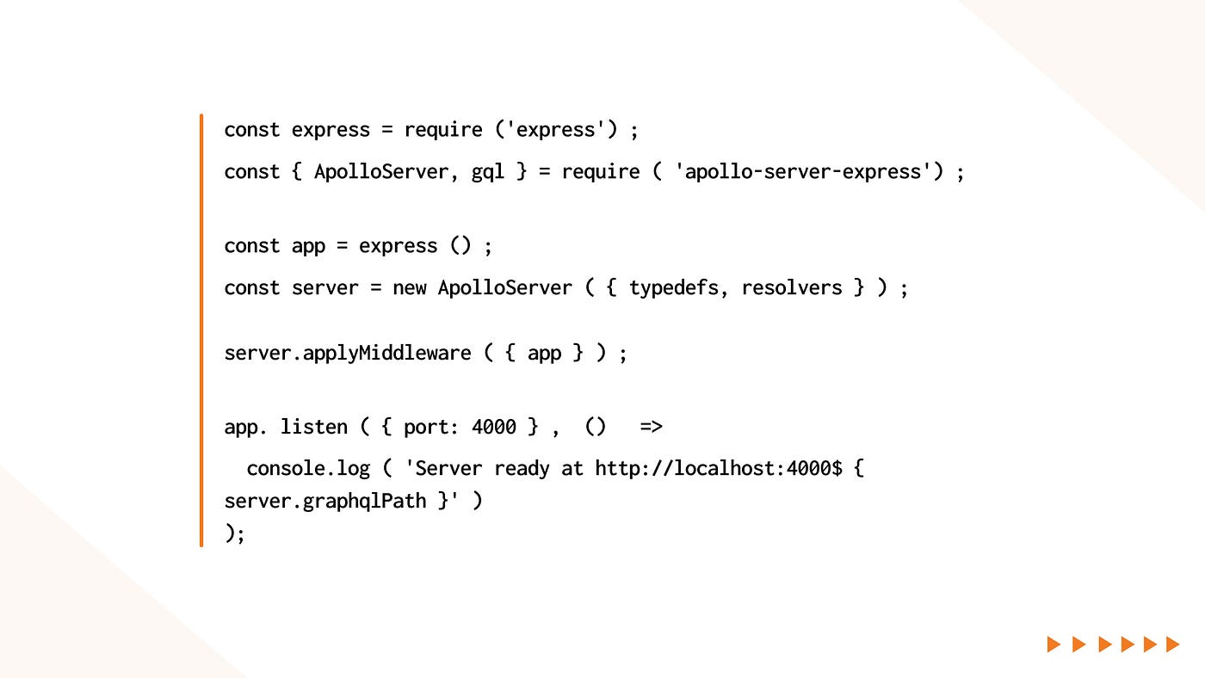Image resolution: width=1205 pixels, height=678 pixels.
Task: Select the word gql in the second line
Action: click(488, 172)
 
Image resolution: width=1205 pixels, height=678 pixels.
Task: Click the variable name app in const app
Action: click(308, 246)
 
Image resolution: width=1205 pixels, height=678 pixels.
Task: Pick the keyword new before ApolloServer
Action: click(409, 288)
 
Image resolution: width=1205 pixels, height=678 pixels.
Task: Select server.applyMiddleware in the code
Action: click(347, 354)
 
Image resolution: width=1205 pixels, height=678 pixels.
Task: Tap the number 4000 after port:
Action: click(494, 427)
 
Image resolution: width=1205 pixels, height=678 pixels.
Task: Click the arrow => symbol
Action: click(651, 427)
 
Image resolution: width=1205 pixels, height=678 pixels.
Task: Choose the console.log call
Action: click(308, 469)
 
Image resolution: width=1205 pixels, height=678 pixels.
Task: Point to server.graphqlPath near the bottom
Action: click(325, 501)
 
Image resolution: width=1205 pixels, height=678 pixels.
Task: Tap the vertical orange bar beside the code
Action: click(201, 330)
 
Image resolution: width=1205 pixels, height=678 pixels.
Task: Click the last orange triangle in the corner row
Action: click(1171, 644)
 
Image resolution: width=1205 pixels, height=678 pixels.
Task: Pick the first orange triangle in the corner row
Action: click(1054, 644)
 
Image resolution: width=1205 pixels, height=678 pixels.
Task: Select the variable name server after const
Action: click(325, 288)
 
